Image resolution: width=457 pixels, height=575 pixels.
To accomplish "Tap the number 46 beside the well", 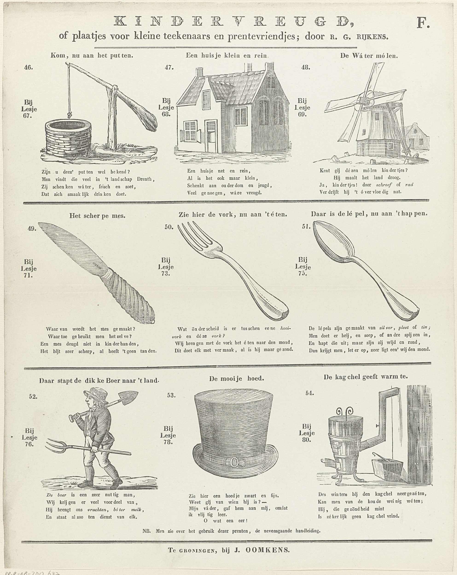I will pos(29,67).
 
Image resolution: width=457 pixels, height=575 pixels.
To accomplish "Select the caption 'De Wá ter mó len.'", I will pos(369,56).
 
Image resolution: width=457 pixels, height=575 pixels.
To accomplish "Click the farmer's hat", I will pos(96,393).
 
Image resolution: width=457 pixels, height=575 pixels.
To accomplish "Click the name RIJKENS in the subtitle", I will pos(372,37).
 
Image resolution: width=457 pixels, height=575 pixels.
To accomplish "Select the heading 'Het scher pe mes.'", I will pos(97,216).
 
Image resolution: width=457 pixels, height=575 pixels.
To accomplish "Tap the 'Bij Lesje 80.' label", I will pos(306,433).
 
